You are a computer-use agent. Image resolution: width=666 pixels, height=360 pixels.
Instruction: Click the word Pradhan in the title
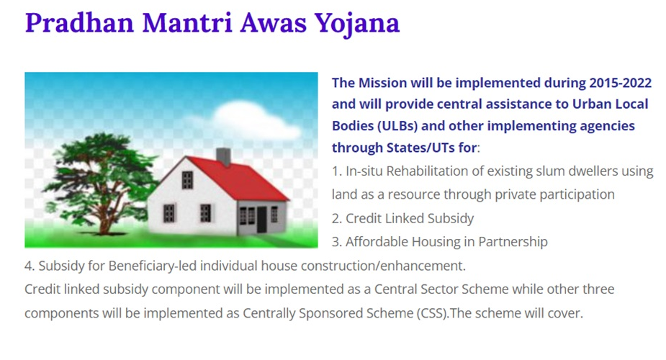point(79,22)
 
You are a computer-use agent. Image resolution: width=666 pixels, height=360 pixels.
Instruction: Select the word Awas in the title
point(273,23)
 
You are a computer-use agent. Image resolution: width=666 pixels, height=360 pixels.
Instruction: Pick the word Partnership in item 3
point(513,242)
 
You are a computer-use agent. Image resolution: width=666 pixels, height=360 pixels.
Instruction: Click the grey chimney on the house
point(223,157)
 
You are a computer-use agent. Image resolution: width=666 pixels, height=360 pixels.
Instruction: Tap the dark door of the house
point(261,219)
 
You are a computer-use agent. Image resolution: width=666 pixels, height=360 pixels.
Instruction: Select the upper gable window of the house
point(187,180)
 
